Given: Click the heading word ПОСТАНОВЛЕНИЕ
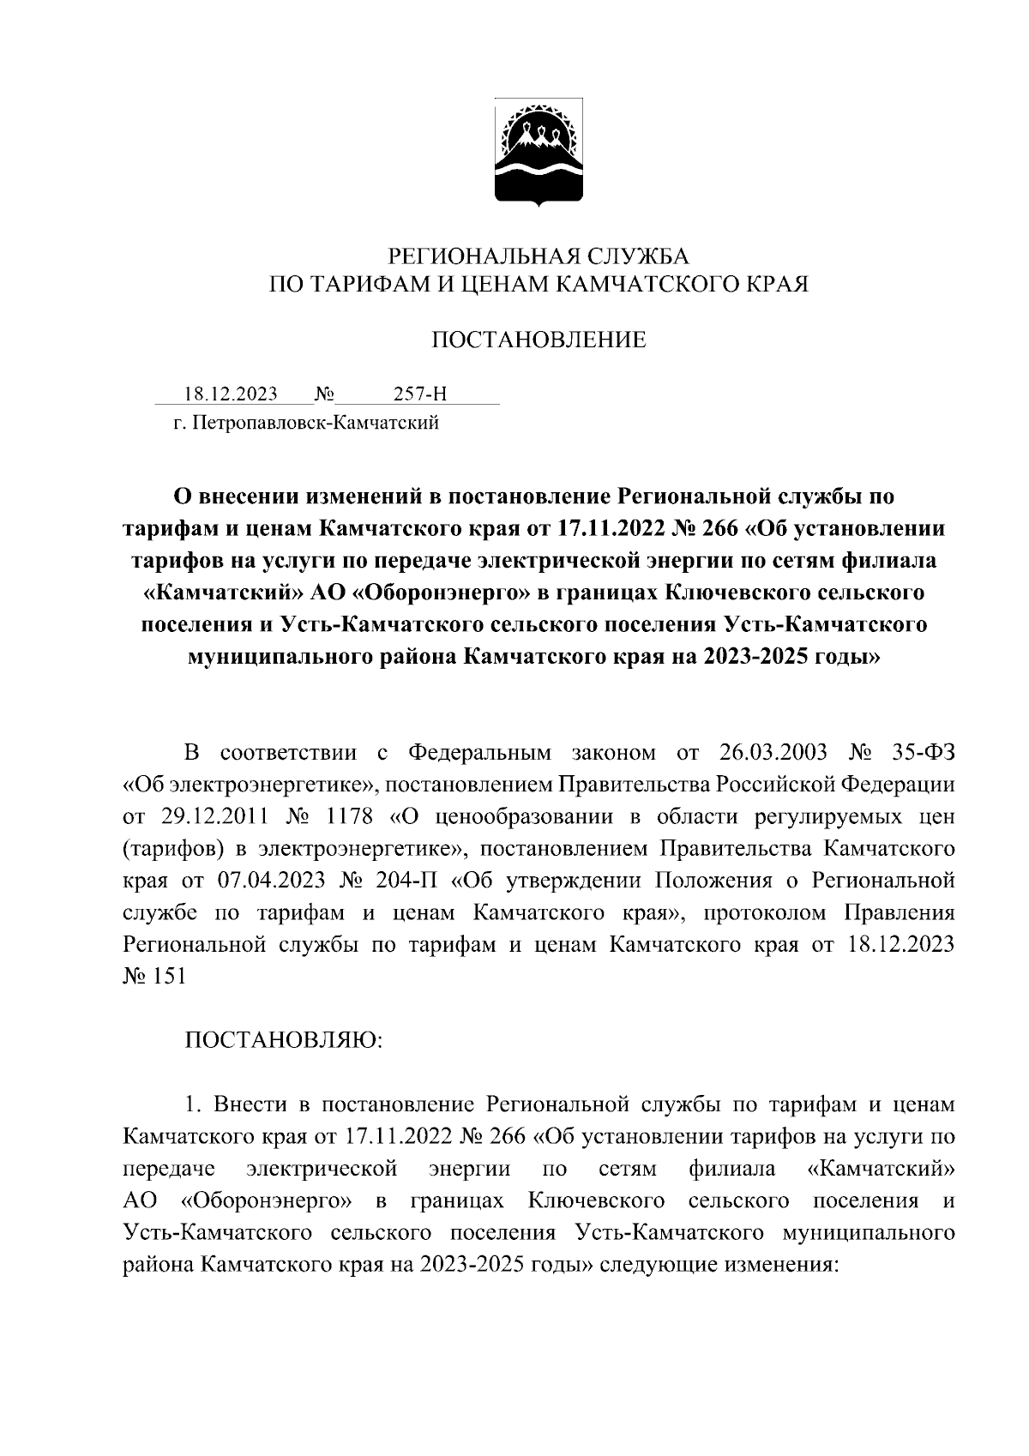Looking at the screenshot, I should click(x=539, y=340).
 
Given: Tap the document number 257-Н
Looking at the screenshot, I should click(x=420, y=394).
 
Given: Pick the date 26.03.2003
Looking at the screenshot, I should click(x=768, y=753).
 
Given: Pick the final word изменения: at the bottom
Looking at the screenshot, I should click(x=779, y=1265).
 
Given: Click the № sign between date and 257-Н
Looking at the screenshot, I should click(x=324, y=394).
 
